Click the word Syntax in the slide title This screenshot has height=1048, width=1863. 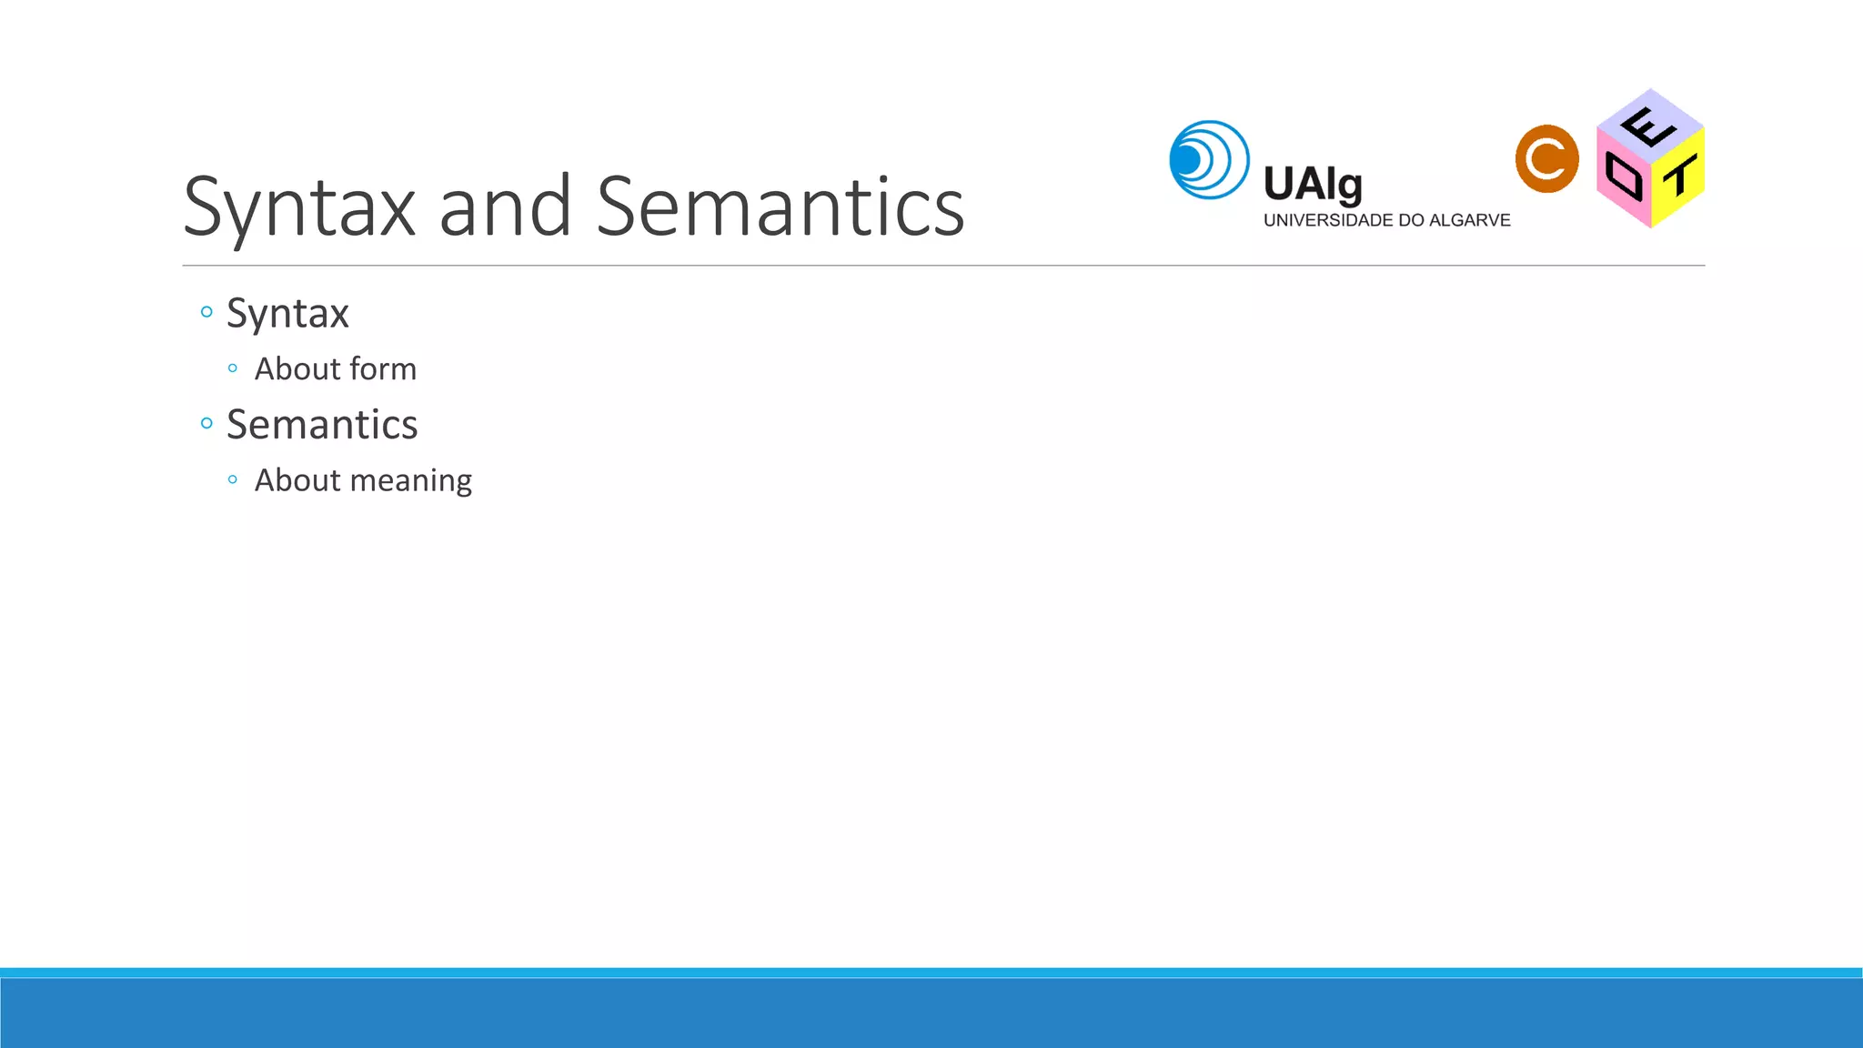pyautogui.click(x=299, y=207)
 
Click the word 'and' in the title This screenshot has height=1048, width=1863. pyautogui.click(x=505, y=207)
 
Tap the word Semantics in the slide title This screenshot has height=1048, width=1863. pyautogui.click(x=780, y=207)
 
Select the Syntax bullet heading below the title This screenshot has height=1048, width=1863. pyautogui.click(x=287, y=314)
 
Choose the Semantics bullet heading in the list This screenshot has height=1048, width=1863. pyautogui.click(x=322, y=425)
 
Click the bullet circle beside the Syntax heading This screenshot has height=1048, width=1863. pyautogui.click(x=206, y=312)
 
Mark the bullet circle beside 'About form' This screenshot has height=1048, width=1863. pyautogui.click(x=233, y=368)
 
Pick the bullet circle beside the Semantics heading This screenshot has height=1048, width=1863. pyautogui.click(x=206, y=423)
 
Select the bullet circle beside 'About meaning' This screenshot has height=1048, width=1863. pyautogui.click(x=233, y=479)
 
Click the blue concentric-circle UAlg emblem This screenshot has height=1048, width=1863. pyautogui.click(x=1209, y=160)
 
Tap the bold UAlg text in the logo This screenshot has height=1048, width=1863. pyautogui.click(x=1313, y=185)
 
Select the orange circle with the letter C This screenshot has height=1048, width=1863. pyautogui.click(x=1546, y=159)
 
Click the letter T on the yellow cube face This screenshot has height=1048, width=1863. pyautogui.click(x=1680, y=176)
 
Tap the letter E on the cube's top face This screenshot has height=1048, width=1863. pyautogui.click(x=1648, y=126)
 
